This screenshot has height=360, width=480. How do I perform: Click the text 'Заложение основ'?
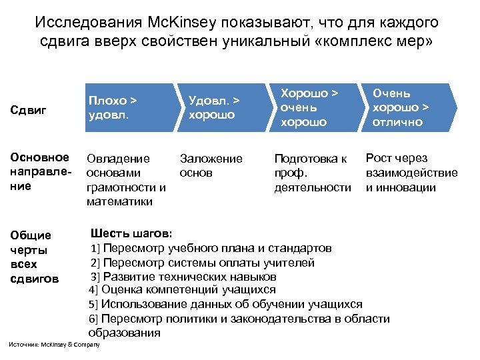point(211,165)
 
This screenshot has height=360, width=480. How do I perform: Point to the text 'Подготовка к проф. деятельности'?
point(312,173)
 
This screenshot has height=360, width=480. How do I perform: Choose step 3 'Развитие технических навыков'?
point(183,276)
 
